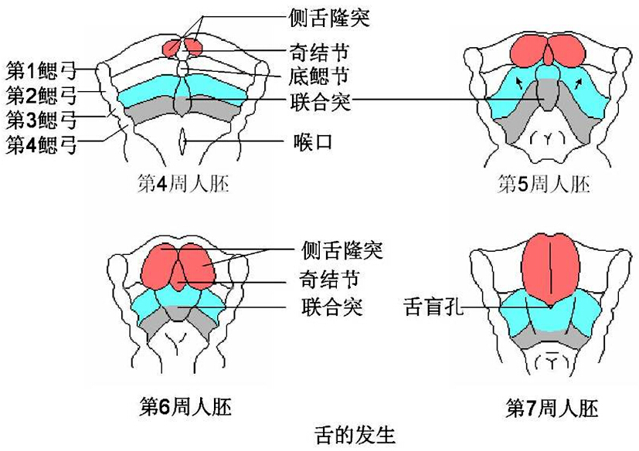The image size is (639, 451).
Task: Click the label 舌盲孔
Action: pyautogui.click(x=433, y=307)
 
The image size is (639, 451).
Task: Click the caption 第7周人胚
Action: pyautogui.click(x=552, y=407)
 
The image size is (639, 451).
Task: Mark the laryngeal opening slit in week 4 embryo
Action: pyautogui.click(x=182, y=141)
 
